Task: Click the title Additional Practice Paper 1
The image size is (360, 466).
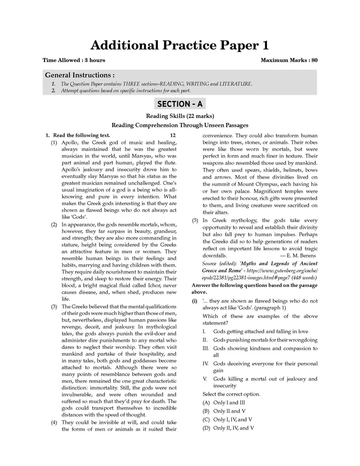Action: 180,45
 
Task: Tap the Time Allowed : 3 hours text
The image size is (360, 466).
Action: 74,60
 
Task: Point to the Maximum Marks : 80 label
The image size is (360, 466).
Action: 289,60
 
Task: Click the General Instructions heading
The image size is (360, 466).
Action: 80,75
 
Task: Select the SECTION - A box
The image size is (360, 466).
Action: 180,104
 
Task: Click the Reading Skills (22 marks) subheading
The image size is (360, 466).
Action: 180,116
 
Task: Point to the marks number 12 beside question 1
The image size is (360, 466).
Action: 173,135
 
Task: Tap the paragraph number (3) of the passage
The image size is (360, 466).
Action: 54,307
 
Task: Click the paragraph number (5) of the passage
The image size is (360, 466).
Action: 195,221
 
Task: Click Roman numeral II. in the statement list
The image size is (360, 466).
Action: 205,340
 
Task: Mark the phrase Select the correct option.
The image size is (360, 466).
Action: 231,394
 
